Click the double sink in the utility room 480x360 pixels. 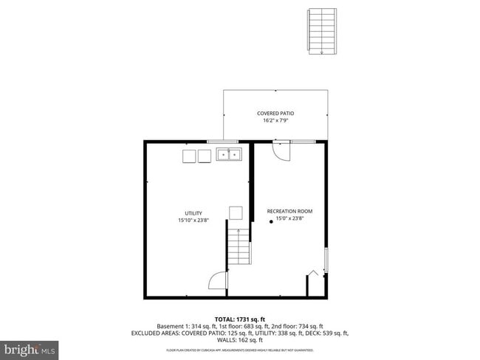pyautogui.click(x=229, y=155)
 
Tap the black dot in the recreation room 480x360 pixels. pyautogui.click(x=270, y=224)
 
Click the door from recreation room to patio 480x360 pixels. pyautogui.click(x=282, y=149)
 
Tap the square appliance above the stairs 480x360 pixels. pyautogui.click(x=236, y=213)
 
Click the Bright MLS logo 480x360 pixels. pyautogui.click(x=30, y=347)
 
